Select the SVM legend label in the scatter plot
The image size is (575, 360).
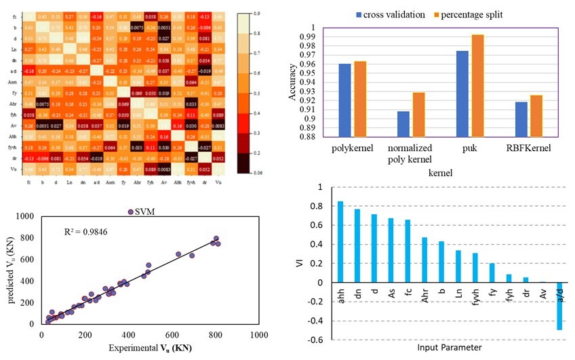click(x=144, y=212)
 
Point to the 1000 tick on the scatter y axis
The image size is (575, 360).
click(x=25, y=216)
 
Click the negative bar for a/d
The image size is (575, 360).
click(x=560, y=306)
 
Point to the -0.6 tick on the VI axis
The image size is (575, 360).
click(x=315, y=340)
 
